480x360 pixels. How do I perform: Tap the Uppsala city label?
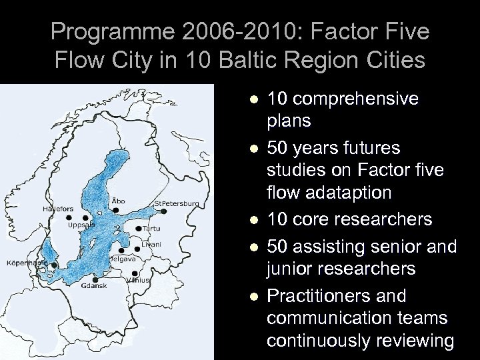81,225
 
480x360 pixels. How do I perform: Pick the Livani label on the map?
151,245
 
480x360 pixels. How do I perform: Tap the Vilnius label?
139,280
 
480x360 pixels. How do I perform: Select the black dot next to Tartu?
138,229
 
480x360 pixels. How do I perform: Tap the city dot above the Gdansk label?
96,279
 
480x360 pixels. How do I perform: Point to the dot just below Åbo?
116,209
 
